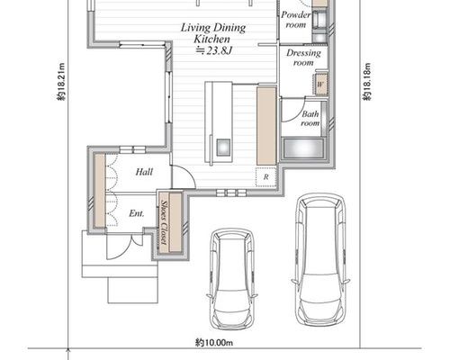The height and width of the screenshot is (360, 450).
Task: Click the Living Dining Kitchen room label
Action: [213, 33]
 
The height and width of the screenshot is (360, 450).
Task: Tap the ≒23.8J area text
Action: [213, 50]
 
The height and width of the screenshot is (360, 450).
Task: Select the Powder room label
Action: [296, 20]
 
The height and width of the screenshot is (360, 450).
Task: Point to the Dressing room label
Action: [303, 58]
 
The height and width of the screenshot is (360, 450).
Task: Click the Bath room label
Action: [310, 119]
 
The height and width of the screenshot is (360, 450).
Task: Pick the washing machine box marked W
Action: [320, 85]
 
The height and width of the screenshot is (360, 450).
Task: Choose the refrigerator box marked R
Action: [265, 177]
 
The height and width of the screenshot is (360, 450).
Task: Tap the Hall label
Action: [144, 172]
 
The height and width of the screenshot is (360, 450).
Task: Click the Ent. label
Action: [137, 213]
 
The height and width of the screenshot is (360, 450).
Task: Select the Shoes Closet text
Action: [164, 222]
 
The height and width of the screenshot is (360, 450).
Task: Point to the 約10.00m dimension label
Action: [214, 342]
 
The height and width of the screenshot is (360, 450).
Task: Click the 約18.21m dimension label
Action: [61, 82]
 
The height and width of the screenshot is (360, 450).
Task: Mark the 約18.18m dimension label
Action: [367, 82]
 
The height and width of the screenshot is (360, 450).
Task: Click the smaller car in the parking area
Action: [232, 279]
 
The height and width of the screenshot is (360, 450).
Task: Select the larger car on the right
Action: [320, 259]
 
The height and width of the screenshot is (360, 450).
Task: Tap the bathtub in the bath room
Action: [303, 148]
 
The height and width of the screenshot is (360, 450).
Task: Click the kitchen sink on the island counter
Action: [223, 147]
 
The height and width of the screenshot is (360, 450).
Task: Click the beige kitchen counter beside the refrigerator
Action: [266, 126]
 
